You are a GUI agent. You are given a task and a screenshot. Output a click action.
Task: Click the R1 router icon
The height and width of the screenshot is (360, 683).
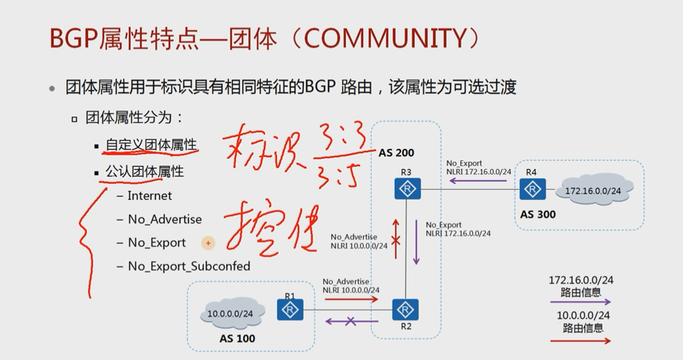[290, 310]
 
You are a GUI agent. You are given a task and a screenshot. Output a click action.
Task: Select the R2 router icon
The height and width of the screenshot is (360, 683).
[406, 310]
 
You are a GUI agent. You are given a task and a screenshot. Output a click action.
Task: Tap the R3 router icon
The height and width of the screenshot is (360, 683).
[407, 189]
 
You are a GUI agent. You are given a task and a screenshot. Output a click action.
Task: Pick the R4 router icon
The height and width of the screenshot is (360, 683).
[532, 189]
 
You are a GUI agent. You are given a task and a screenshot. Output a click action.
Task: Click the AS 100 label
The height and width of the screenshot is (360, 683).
[237, 338]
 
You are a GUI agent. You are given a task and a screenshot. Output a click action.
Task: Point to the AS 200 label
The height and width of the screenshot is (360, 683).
[396, 153]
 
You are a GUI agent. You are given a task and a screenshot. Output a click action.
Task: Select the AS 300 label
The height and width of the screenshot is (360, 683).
[537, 214]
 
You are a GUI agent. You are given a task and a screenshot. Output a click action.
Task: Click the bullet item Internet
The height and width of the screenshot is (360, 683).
[149, 195]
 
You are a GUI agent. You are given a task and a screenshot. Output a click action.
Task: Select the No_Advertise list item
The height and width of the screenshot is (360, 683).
[165, 219]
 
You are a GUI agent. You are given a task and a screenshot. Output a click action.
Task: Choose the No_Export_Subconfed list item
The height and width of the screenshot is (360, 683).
[189, 266]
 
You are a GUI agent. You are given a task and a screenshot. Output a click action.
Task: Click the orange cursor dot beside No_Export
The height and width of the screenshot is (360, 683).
[208, 243]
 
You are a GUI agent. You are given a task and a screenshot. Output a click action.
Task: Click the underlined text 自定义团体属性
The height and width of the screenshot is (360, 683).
[151, 144]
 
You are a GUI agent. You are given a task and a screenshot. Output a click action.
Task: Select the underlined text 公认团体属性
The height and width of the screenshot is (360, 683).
[144, 172]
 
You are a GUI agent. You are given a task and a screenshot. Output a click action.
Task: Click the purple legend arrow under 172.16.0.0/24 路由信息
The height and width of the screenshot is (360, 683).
[580, 302]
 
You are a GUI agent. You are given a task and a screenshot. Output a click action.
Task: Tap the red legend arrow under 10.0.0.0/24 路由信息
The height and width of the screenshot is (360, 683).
[580, 340]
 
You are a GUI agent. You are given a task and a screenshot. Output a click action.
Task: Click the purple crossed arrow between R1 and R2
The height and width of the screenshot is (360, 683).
[350, 321]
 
